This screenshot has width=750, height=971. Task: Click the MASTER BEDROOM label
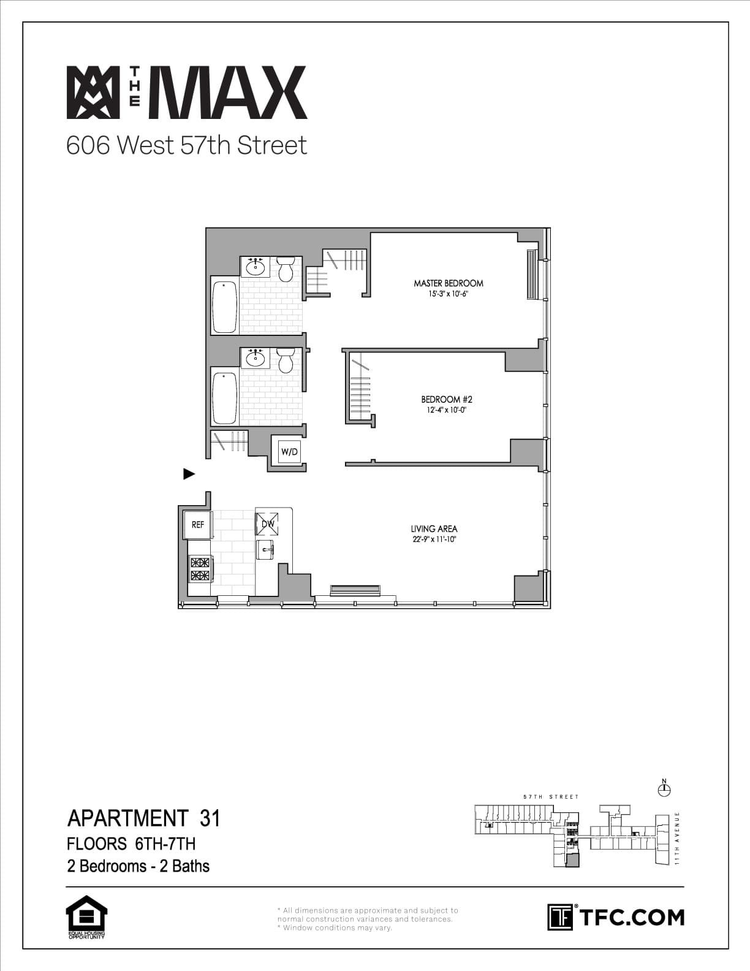pyautogui.click(x=448, y=283)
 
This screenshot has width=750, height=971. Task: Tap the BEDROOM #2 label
pyautogui.click(x=446, y=400)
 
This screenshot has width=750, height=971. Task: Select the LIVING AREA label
pyautogui.click(x=434, y=528)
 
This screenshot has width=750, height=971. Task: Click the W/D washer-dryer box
pyautogui.click(x=289, y=452)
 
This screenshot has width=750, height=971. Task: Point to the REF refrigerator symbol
pyautogui.click(x=198, y=525)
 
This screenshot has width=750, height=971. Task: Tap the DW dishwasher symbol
pyautogui.click(x=267, y=524)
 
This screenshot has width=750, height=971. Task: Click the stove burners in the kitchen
pyautogui.click(x=200, y=569)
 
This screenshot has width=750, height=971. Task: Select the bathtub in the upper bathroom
pyautogui.click(x=224, y=306)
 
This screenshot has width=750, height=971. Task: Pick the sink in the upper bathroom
pyautogui.click(x=256, y=267)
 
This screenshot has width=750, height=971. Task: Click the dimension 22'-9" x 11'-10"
pyautogui.click(x=434, y=540)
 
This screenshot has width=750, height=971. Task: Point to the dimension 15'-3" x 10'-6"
pyautogui.click(x=448, y=294)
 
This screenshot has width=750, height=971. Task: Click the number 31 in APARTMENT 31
pyautogui.click(x=210, y=818)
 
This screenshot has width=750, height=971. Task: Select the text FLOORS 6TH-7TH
pyautogui.click(x=131, y=843)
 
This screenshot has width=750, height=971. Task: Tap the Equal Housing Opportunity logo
pyautogui.click(x=86, y=917)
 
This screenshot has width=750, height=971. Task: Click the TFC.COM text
pyautogui.click(x=631, y=917)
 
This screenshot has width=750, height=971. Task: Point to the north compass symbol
pyautogui.click(x=663, y=789)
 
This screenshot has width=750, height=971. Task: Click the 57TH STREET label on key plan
pyautogui.click(x=550, y=797)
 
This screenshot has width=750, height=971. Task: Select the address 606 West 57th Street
pyautogui.click(x=186, y=145)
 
